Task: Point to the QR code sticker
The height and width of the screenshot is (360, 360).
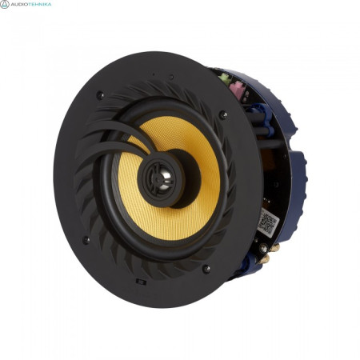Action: click(267, 222)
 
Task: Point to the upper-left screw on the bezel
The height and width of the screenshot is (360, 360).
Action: click(99, 95)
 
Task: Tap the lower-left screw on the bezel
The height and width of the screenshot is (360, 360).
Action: click(86, 239)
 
